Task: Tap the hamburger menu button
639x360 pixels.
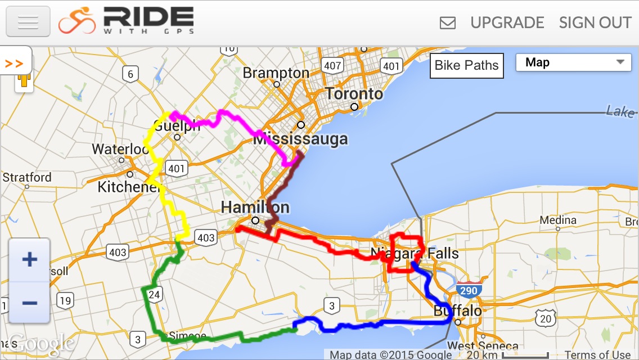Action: click(x=28, y=22)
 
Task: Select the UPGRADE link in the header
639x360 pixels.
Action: click(x=507, y=22)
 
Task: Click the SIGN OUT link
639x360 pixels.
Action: click(x=595, y=22)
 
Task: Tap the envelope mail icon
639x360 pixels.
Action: click(x=448, y=23)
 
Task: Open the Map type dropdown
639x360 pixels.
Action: click(x=573, y=62)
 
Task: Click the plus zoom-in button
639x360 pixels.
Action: click(x=29, y=259)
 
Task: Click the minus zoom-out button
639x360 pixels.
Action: click(x=29, y=303)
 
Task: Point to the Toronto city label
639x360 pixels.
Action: click(x=354, y=93)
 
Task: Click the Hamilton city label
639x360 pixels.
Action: click(x=255, y=207)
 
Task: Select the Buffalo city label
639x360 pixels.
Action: click(x=457, y=311)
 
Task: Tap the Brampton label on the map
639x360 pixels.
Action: click(x=276, y=73)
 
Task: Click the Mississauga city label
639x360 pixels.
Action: click(x=300, y=139)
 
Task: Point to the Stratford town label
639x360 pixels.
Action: click(x=27, y=178)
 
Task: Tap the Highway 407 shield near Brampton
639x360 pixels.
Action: click(x=332, y=65)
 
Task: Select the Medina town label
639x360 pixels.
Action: click(x=558, y=219)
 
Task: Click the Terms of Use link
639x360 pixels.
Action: click(x=597, y=354)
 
